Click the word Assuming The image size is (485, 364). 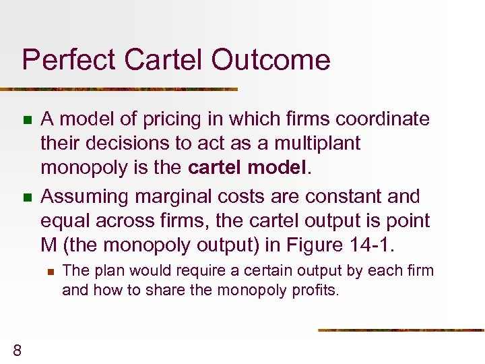click(x=85, y=197)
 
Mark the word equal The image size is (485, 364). click(x=62, y=220)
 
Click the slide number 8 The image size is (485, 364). click(x=18, y=349)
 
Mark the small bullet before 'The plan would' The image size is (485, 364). click(x=49, y=272)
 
